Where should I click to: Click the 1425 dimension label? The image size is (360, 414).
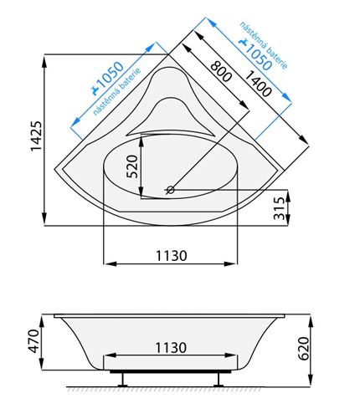tap(36, 135)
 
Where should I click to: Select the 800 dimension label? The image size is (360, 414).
tap(221, 71)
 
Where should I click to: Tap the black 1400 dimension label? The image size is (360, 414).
tap(259, 84)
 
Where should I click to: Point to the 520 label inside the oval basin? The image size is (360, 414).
tap(132, 166)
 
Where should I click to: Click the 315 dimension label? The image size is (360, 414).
tap(280, 208)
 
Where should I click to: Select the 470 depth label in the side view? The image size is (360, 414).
tap(34, 341)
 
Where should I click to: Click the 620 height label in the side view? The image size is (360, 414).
tap(304, 349)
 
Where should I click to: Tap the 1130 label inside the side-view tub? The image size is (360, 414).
tap(171, 348)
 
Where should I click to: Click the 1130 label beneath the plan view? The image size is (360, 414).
tap(171, 256)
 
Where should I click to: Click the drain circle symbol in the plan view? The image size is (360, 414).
tap(170, 190)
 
